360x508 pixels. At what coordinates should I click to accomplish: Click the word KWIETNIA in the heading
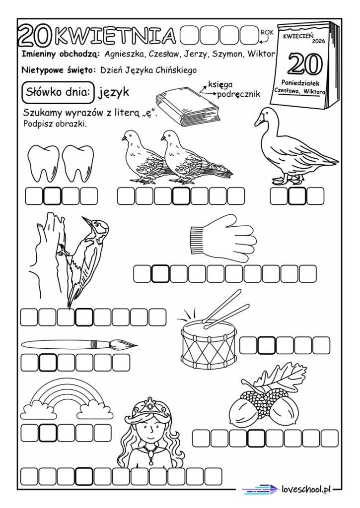[115, 35]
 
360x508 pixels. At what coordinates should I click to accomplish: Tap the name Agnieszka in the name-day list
[125, 55]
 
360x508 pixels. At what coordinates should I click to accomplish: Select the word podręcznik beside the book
[239, 95]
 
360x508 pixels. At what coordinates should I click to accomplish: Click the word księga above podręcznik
[220, 85]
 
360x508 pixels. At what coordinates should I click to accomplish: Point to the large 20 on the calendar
[305, 64]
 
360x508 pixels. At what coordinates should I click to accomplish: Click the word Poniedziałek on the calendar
[300, 83]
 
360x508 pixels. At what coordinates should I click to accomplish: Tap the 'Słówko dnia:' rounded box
[58, 92]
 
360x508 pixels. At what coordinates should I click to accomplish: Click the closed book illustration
[188, 107]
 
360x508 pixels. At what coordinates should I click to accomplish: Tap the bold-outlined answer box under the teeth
[52, 196]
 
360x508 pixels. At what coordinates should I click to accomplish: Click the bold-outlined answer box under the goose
[297, 196]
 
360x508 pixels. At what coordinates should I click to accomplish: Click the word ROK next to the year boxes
[267, 32]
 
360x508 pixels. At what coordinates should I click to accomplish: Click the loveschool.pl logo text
[306, 489]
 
